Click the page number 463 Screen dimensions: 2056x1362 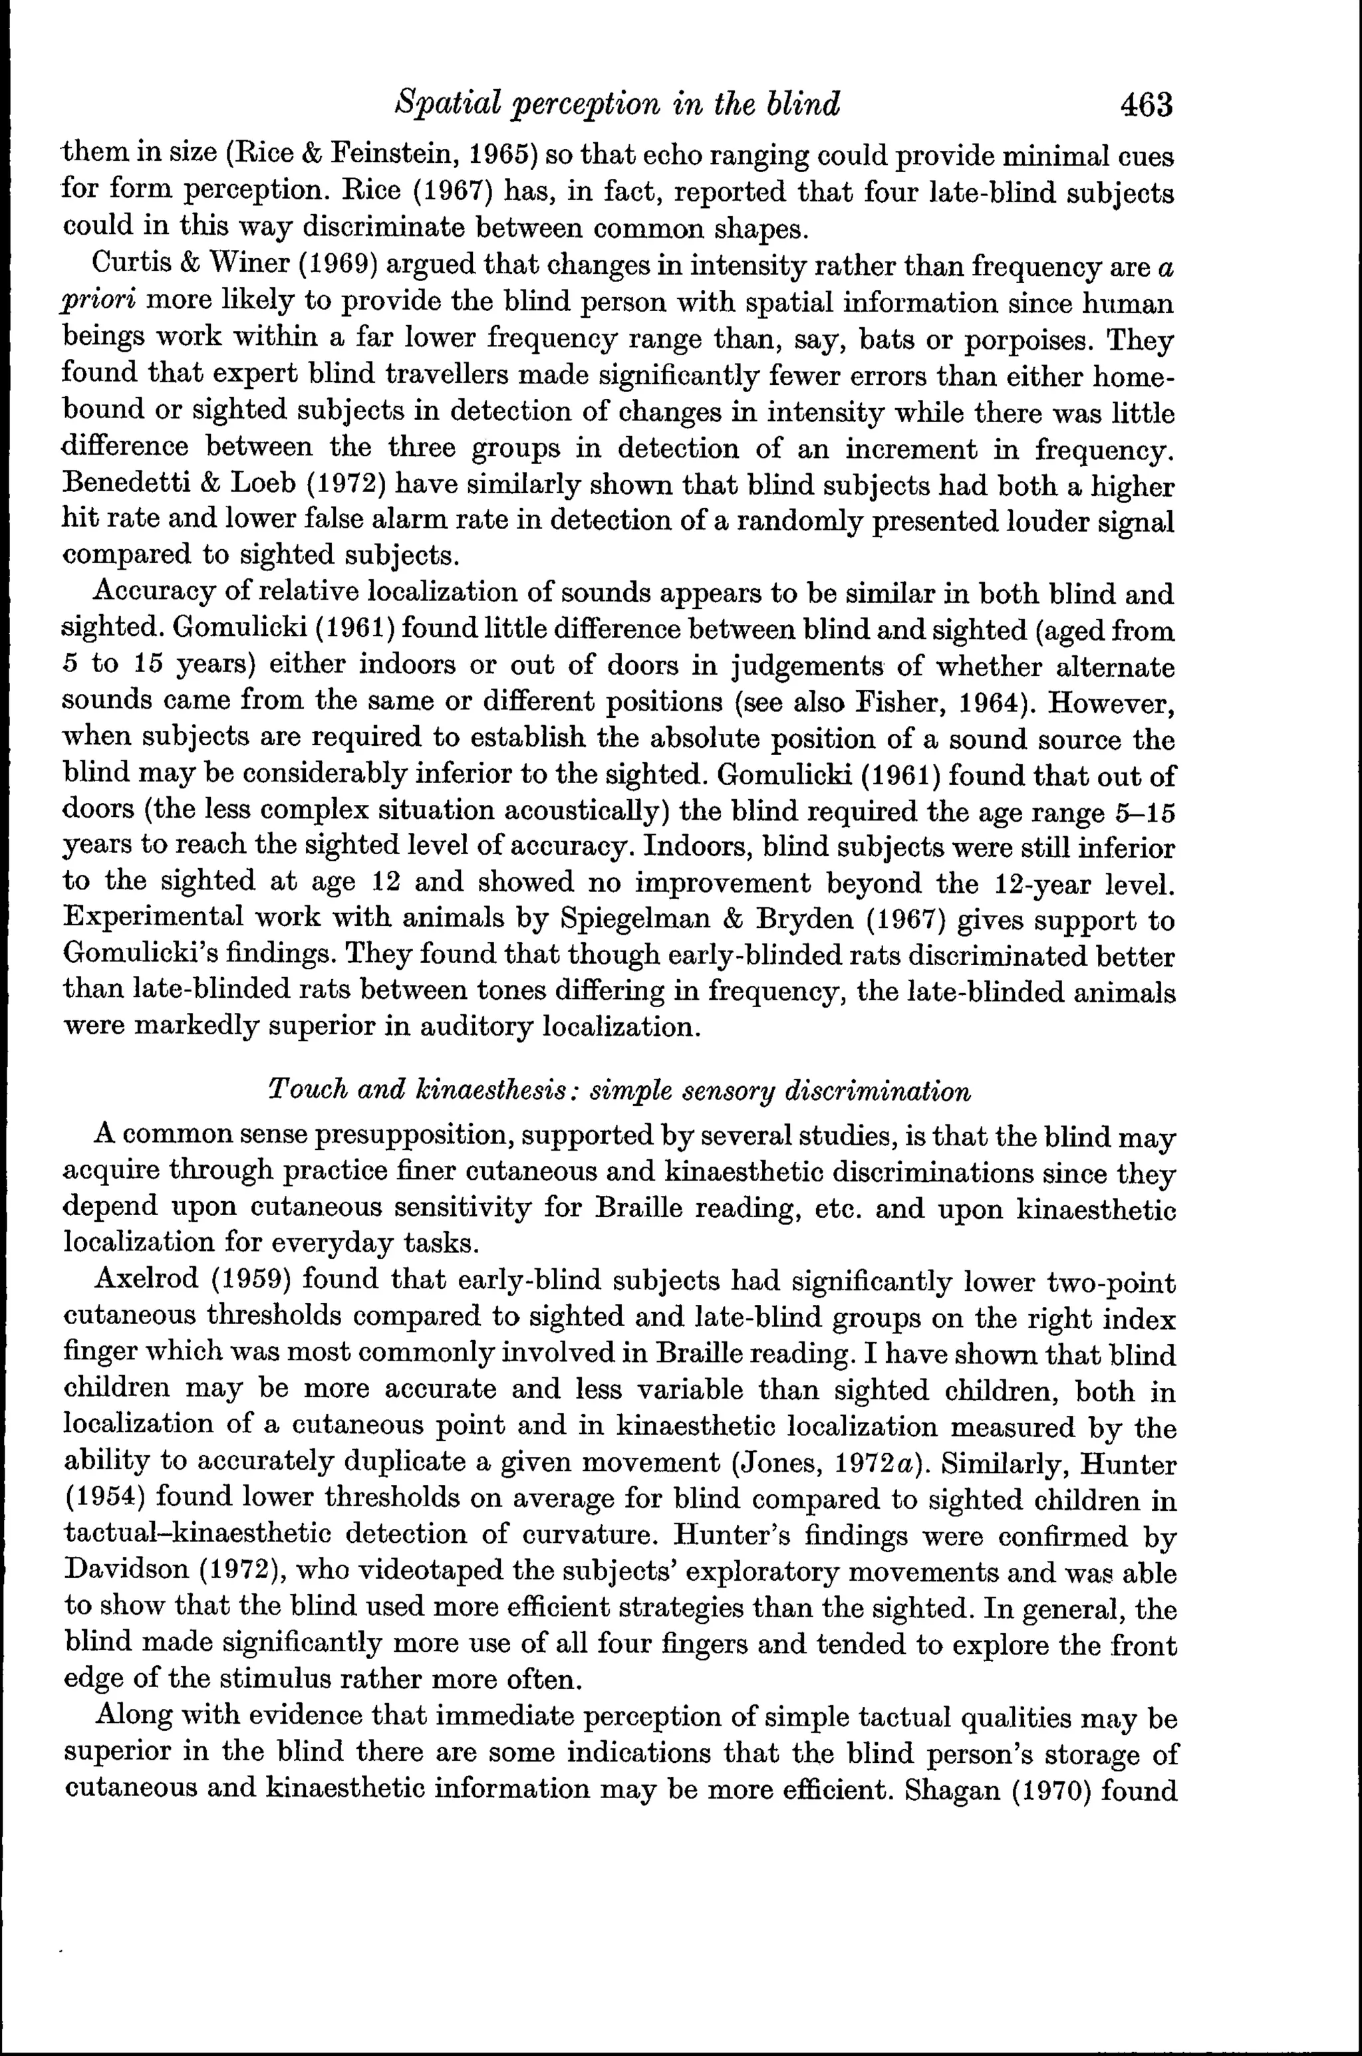coord(1147,106)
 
